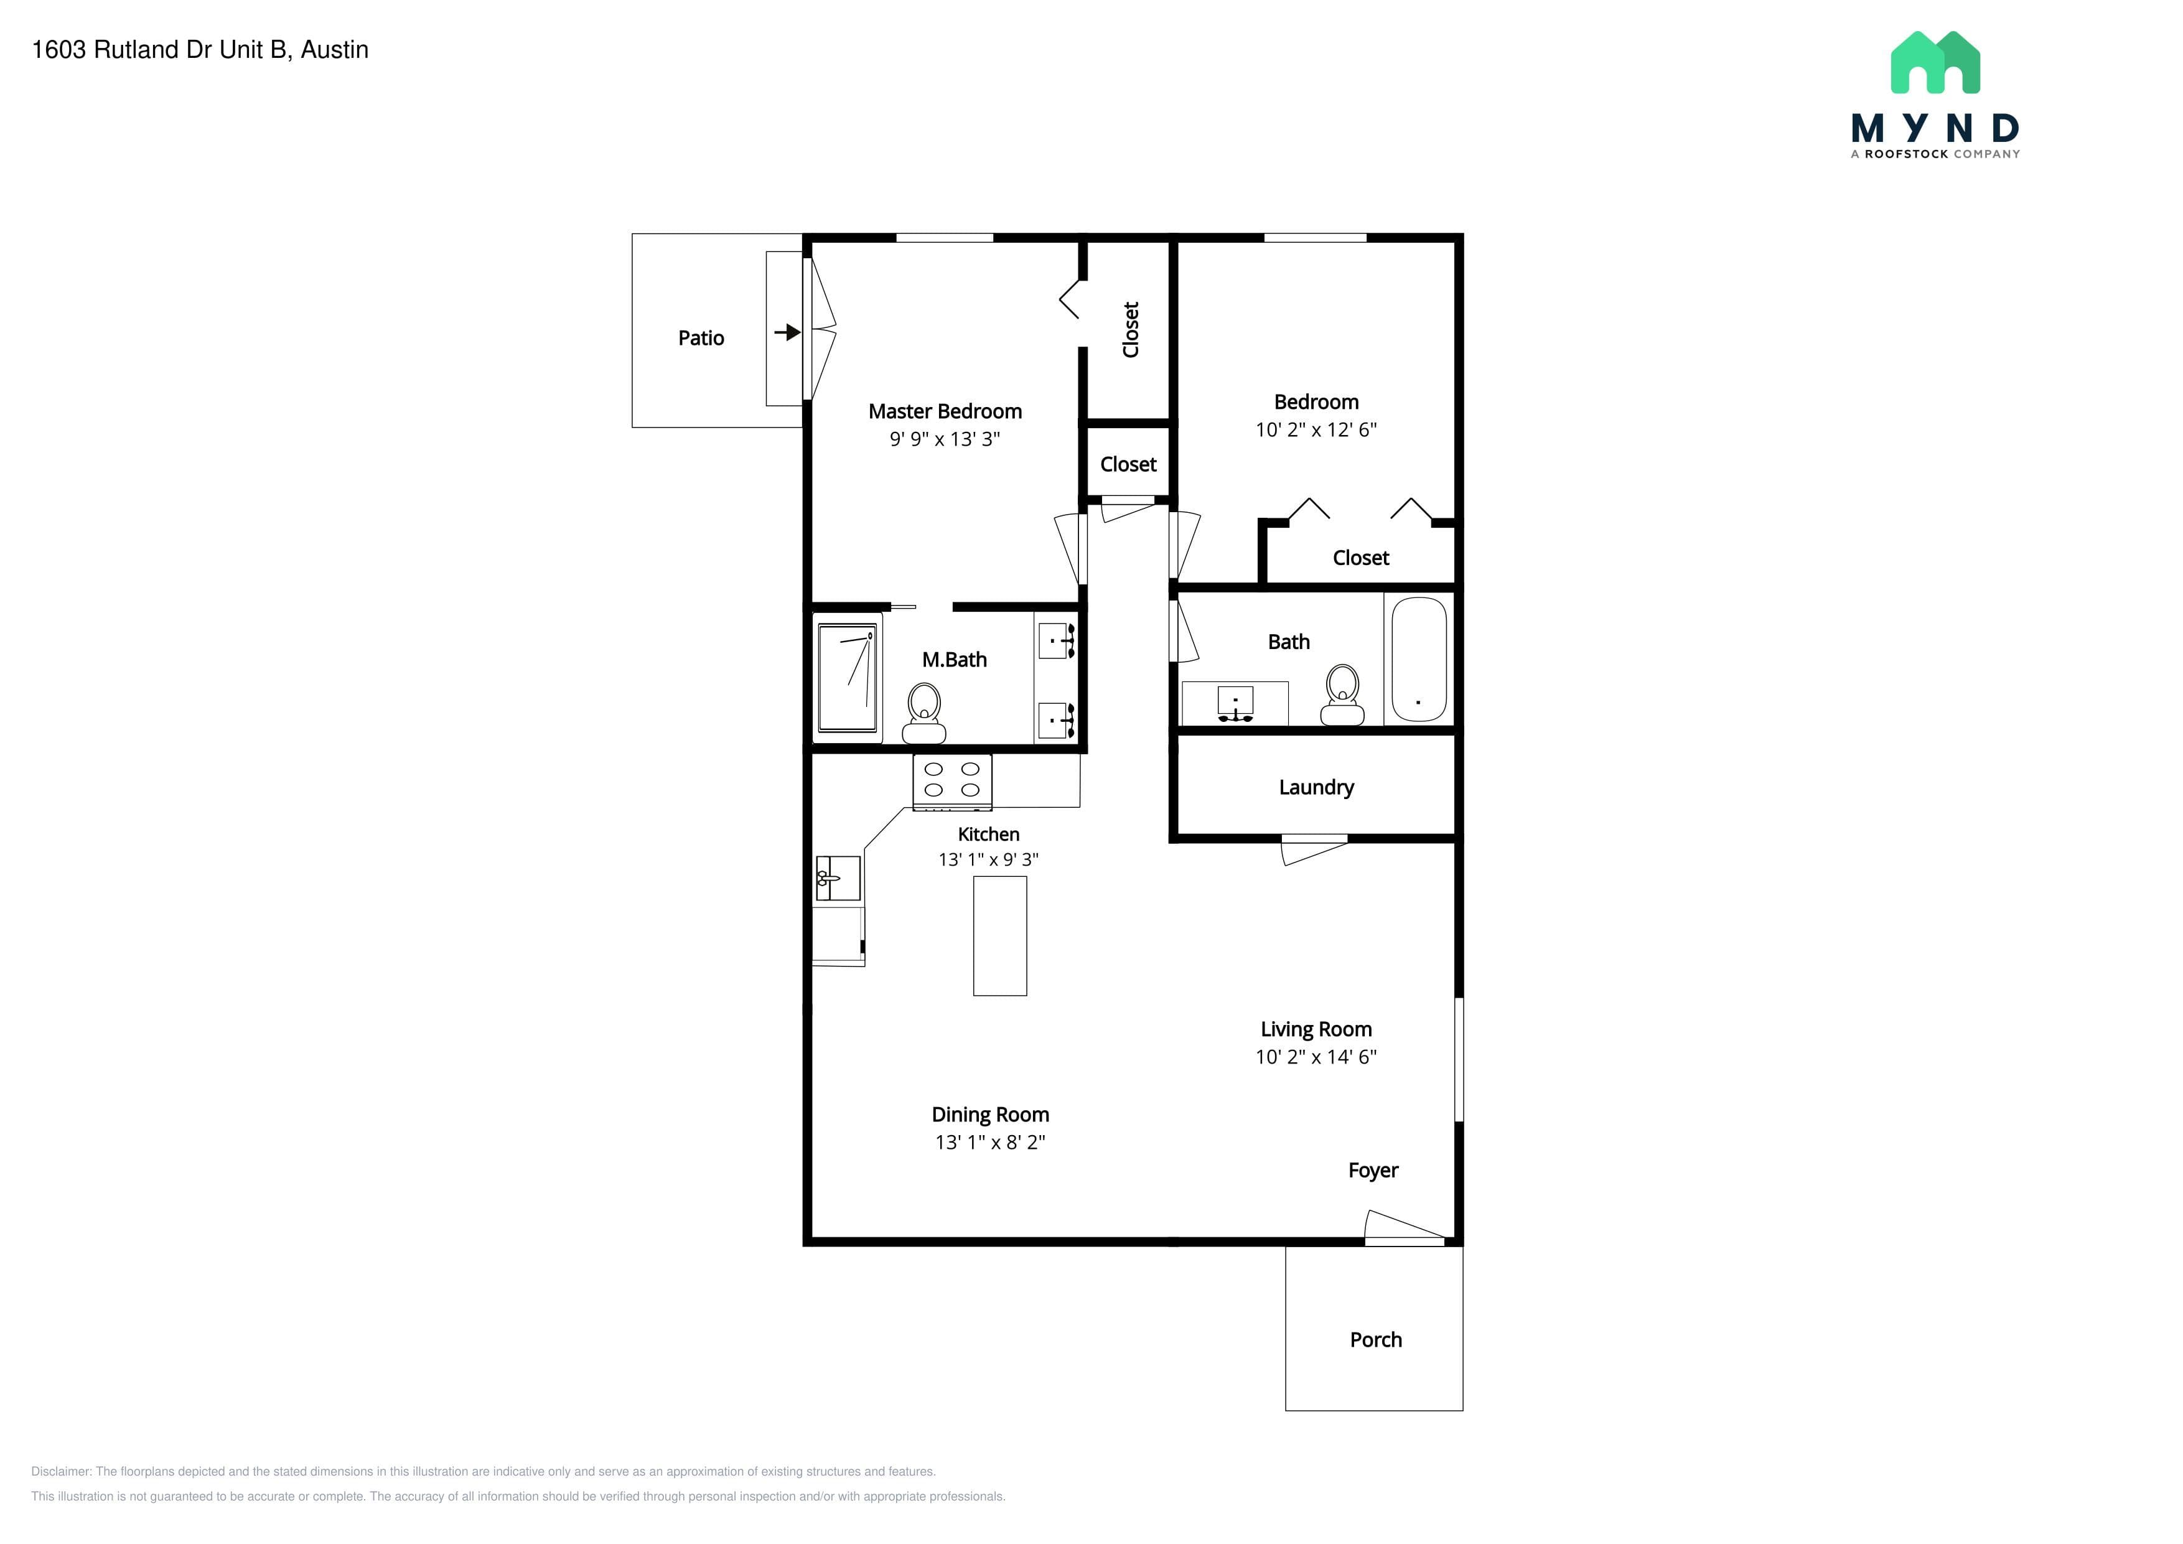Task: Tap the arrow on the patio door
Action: pos(787,333)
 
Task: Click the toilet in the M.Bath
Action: pos(924,713)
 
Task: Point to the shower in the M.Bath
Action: pos(847,678)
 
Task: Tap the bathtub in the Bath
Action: pos(1419,659)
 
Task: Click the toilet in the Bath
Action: pos(1342,695)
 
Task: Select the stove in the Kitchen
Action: pos(951,782)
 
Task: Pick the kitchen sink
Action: pos(838,879)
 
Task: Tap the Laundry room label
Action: pos(1316,787)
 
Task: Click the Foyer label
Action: pos(1373,1171)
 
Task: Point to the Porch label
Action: pos(1376,1340)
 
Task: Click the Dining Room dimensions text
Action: pos(990,1142)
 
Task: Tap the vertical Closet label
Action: pos(1131,329)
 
